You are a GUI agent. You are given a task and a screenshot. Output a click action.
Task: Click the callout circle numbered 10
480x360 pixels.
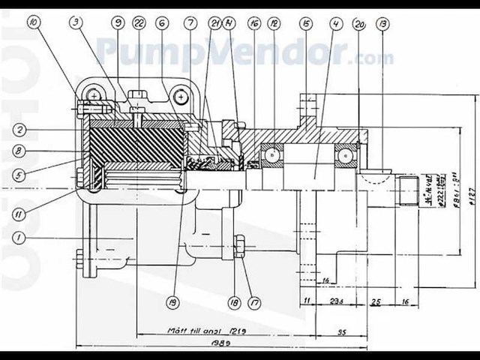pyautogui.click(x=33, y=22)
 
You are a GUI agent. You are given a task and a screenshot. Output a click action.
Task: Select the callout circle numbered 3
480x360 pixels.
pyautogui.click(x=76, y=22)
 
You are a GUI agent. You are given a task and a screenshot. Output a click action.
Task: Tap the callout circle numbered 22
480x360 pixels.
pyautogui.click(x=139, y=22)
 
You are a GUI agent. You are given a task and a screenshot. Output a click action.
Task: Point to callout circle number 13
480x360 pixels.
pyautogui.click(x=385, y=22)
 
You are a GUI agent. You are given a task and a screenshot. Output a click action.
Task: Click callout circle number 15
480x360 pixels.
pyautogui.click(x=305, y=22)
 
